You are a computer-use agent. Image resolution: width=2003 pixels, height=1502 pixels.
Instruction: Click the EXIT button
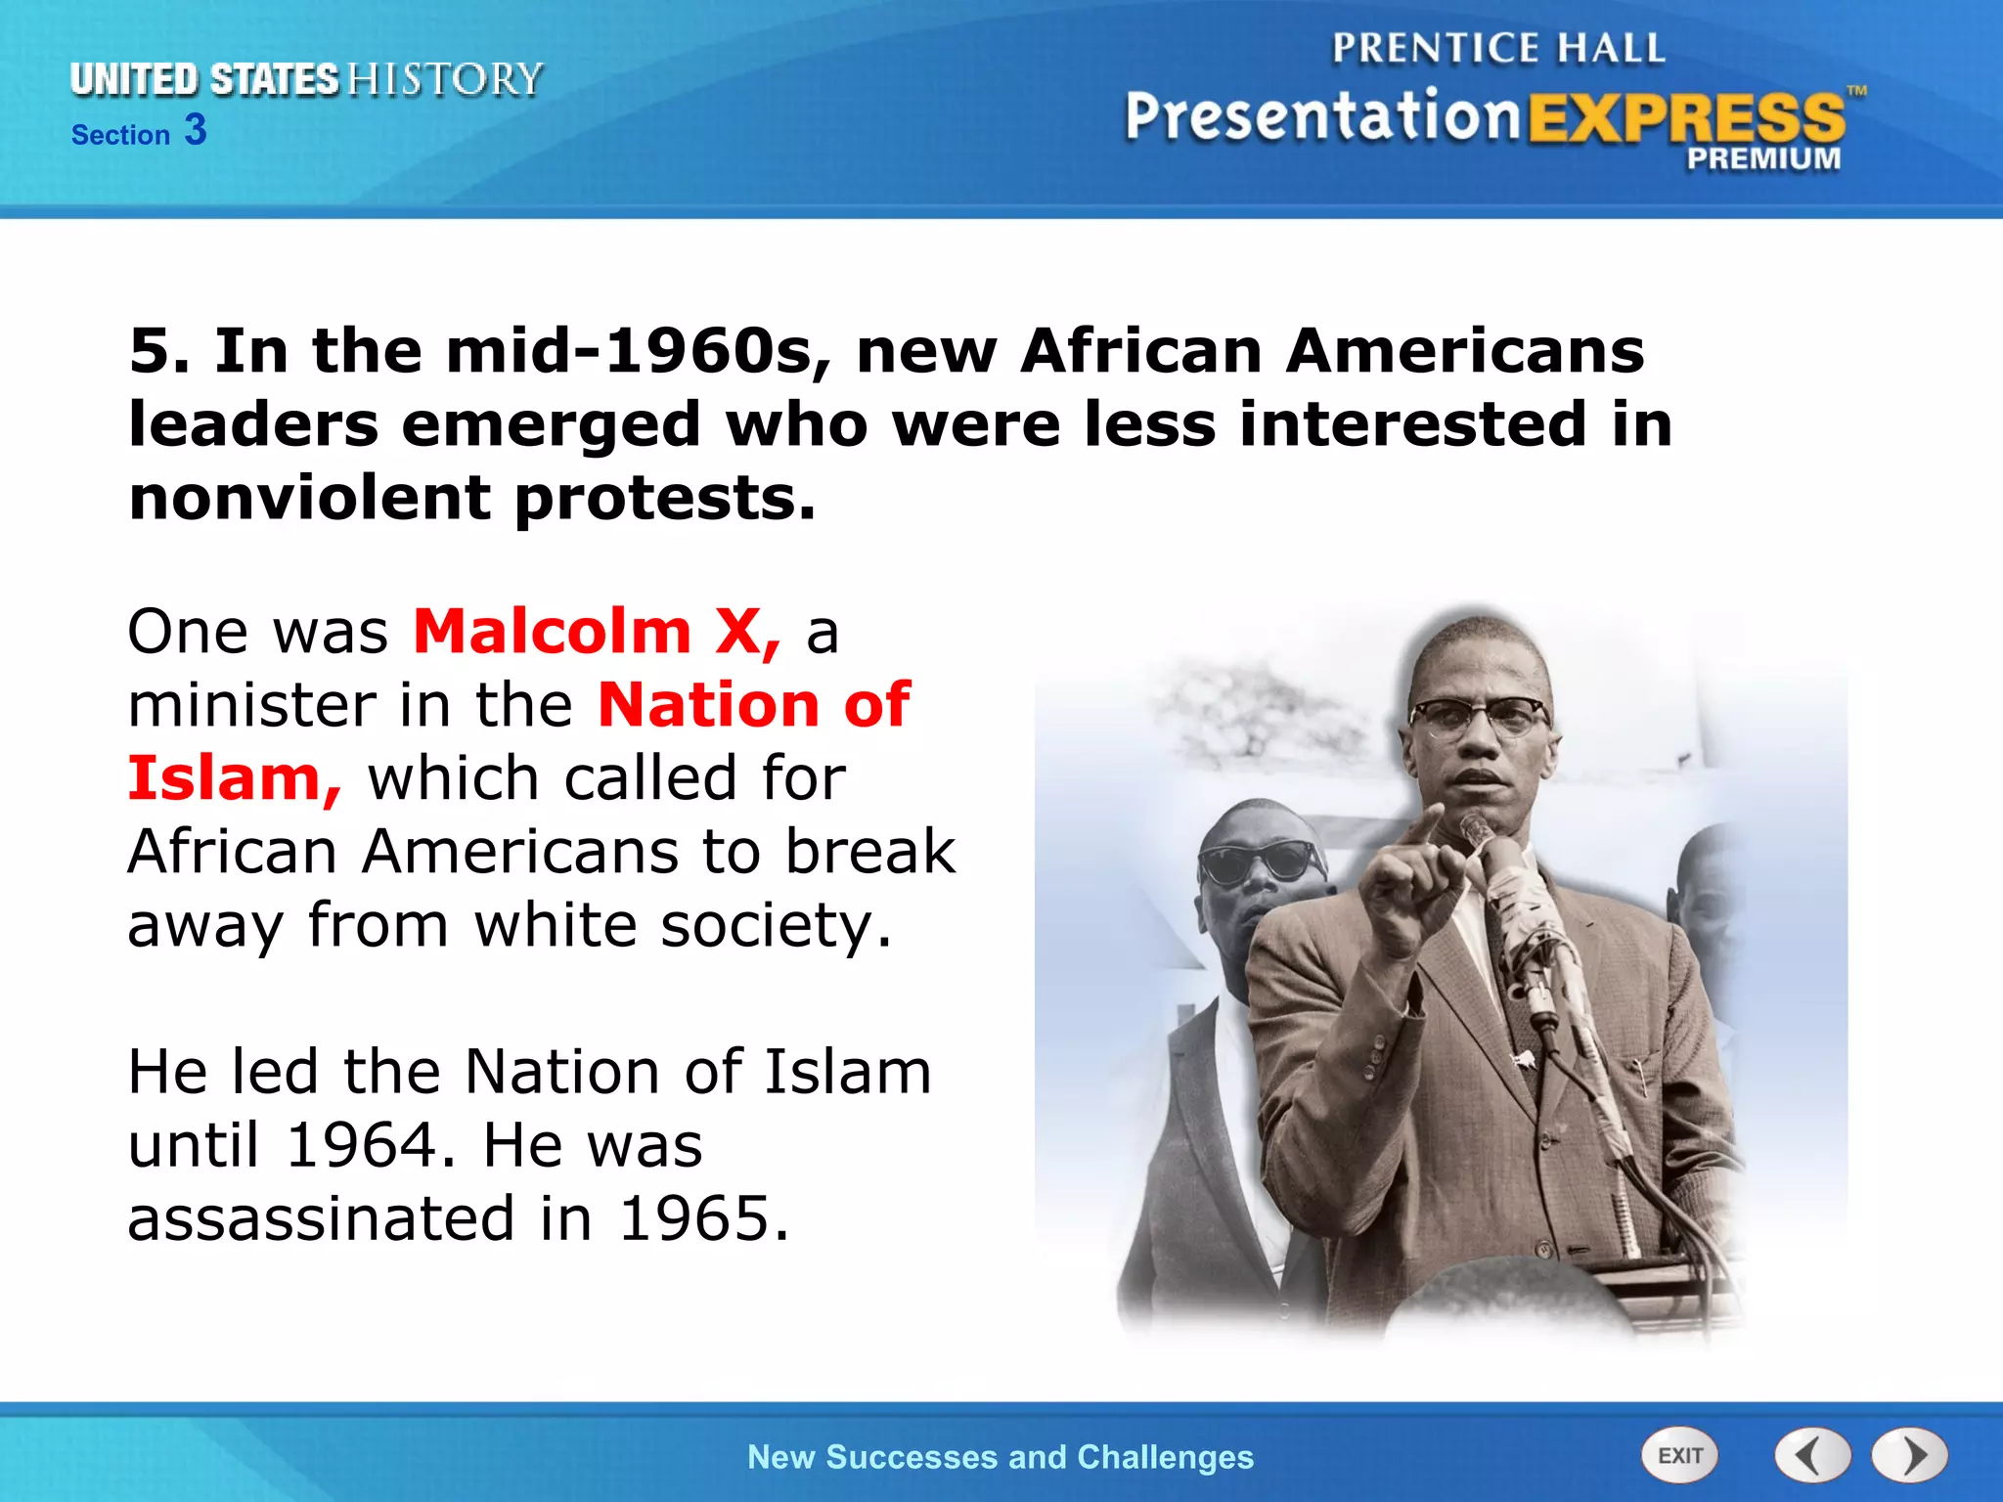1679,1455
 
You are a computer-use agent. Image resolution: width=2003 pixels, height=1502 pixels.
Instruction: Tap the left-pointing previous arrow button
1811,1456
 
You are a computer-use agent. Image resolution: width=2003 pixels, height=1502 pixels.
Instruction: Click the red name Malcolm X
597,632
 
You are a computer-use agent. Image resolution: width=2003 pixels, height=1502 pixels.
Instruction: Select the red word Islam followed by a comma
235,778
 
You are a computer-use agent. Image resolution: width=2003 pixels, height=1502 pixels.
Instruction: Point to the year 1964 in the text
361,1145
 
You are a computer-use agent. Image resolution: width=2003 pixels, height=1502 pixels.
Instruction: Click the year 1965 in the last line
701,1219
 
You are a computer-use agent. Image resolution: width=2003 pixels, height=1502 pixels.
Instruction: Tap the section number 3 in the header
196,130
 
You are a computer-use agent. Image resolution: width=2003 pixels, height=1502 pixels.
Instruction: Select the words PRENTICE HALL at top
1497,49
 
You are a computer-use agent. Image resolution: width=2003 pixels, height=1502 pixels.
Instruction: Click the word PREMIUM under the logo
1762,159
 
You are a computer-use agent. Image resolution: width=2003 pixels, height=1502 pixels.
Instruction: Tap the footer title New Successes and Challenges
1000,1457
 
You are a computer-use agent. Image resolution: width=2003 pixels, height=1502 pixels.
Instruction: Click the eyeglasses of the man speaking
1477,719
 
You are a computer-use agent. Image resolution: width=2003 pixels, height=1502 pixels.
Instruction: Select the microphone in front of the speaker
1476,834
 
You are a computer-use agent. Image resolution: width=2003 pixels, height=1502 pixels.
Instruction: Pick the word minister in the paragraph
252,705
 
